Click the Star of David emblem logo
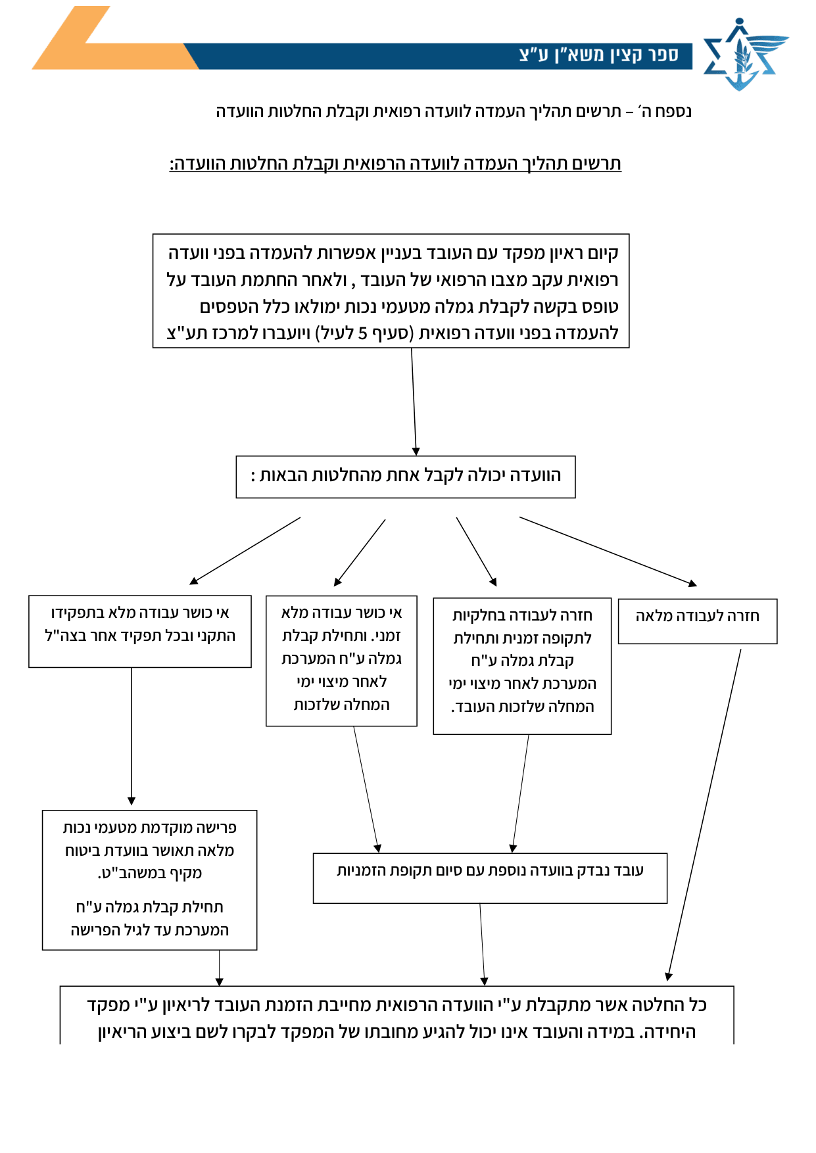pos(745,54)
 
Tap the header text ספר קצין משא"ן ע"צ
pos(599,55)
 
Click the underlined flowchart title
pos(395,164)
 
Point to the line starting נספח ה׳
pos(454,111)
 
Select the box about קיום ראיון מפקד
pos(391,291)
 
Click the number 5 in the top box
pos(362,333)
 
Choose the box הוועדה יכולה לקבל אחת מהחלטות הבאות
pos(406,477)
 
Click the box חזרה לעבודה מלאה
pos(698,621)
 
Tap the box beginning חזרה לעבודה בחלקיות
pos(522,666)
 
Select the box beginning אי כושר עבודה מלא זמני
pos(341,661)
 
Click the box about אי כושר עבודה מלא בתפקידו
pos(140,631)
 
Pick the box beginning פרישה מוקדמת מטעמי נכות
pos(149,880)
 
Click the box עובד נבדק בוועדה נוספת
pos(490,878)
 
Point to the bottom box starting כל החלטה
pos(396,1015)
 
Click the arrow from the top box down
pos(414,402)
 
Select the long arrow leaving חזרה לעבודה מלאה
pos(704,815)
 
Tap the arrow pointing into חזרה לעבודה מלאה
pos(608,552)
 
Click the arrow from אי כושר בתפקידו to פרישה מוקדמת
pos(132,736)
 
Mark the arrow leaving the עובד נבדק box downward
pos(482,945)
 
